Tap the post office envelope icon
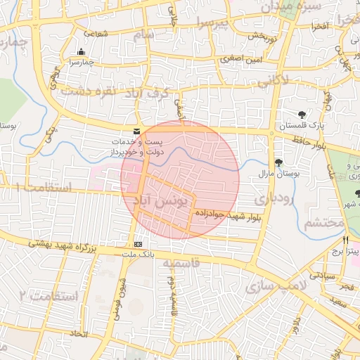pyautogui.click(x=136, y=131)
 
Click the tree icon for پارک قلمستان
pyautogui.click(x=302, y=115)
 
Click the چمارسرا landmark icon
pyautogui.click(x=82, y=52)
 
